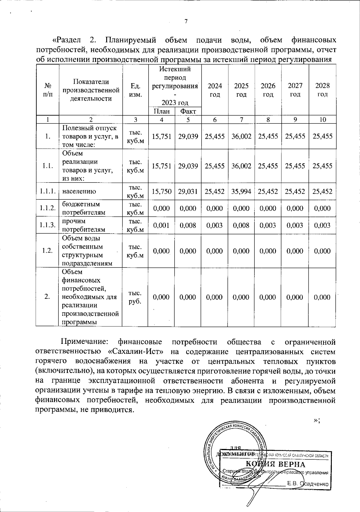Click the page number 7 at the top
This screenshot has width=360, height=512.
pos(186,21)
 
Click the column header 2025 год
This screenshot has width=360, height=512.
pos(241,90)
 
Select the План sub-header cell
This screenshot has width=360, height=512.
pos(161,111)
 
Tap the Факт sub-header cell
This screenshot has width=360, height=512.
pos(188,111)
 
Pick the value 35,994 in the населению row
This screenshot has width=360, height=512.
pos(241,191)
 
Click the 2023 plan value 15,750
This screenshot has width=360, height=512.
pos(161,191)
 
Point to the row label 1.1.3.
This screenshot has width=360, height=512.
pos(47,225)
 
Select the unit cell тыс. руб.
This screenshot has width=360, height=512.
pos(135,297)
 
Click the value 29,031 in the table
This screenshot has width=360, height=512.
pos(188,191)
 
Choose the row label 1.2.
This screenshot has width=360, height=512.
pos(47,251)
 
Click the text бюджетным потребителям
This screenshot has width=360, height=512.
pos(83,208)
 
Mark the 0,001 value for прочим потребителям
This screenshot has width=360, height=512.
pos(161,225)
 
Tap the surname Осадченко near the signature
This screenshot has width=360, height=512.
pos(315,484)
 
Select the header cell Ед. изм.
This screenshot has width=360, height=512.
pos(135,90)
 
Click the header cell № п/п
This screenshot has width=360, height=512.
pos(47,90)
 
